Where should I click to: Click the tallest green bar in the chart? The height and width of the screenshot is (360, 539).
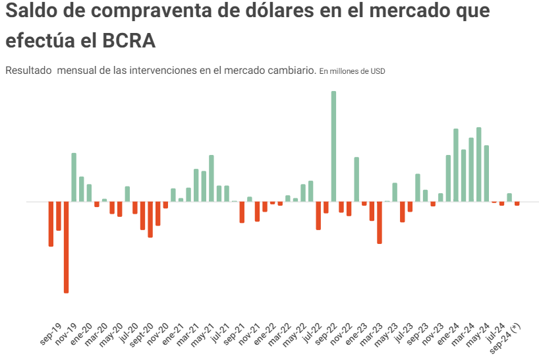tap(333, 146)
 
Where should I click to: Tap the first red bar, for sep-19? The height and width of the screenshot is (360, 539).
tap(51, 224)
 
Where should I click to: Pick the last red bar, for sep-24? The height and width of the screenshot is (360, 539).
tap(517, 204)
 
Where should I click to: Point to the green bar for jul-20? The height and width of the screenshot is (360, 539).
tap(127, 194)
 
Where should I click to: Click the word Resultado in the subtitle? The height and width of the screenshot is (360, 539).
tap(28, 71)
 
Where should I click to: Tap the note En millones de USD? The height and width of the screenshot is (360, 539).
tap(352, 71)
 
